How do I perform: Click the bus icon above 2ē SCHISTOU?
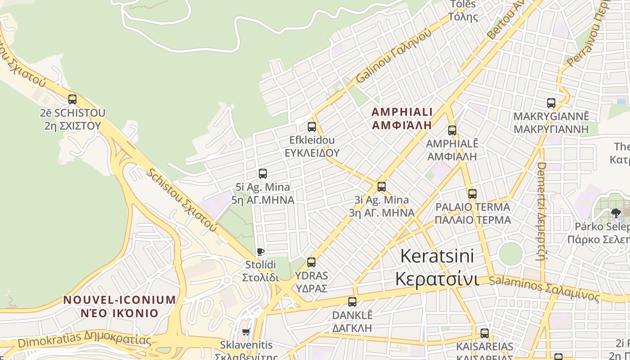pos(72,99)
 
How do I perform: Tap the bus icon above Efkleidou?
pos(312,127)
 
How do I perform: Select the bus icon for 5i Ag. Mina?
pos(263,174)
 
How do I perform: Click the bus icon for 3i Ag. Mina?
pos(382,187)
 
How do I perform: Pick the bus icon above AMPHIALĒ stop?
pos(452,131)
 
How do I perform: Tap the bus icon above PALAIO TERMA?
pos(472,194)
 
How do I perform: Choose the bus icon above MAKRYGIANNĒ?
pos(551,103)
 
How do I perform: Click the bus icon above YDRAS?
pos(311,262)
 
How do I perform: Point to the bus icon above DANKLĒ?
pos(352,301)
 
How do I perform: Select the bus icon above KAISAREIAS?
pos(485,333)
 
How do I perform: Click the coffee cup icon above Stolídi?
pos(260,252)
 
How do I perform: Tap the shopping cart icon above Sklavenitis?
pos(246,332)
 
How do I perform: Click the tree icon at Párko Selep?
pos(616,213)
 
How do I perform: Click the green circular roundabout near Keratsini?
pos(511,254)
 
